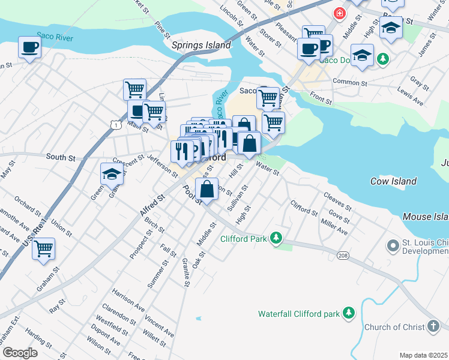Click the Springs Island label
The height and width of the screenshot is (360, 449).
point(200,45)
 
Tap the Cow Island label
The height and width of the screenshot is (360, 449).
point(394,181)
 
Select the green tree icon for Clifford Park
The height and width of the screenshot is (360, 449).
point(276,238)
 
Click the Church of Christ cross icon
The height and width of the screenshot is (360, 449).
point(433,327)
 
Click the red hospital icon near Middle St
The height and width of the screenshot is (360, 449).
point(340,12)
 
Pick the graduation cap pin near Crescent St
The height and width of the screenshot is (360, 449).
point(112,173)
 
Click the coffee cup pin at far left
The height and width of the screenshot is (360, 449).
point(29,47)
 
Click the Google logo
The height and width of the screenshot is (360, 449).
point(20,352)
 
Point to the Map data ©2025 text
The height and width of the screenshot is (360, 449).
point(423,355)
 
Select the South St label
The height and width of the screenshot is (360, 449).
point(61,158)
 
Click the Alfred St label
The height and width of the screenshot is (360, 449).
point(152,205)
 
